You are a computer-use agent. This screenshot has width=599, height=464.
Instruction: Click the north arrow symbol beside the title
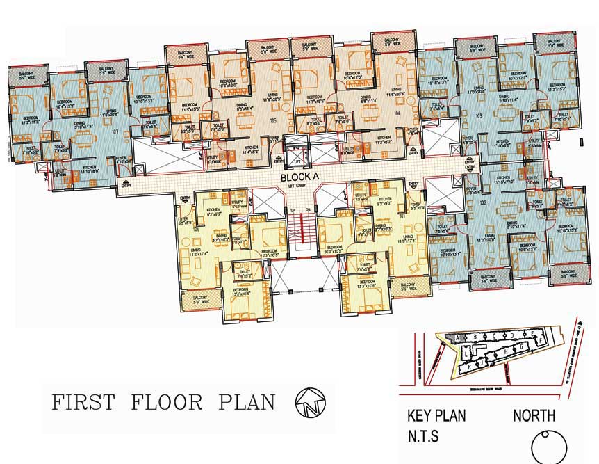pos(306,402)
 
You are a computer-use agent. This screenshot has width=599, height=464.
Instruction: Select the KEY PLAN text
pos(436,416)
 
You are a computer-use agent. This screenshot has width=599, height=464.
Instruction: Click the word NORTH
pos(534,416)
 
